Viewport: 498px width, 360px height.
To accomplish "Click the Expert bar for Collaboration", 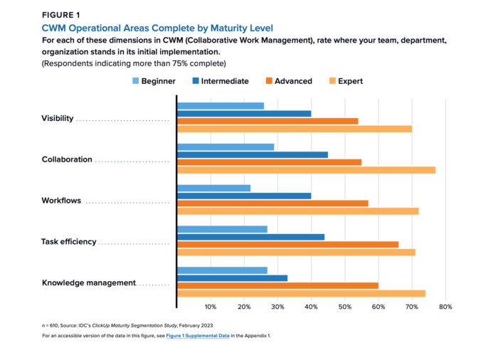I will tap(306, 170).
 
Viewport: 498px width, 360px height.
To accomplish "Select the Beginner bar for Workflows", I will tap(213, 188).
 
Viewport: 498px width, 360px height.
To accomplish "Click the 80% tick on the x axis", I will tap(445, 307).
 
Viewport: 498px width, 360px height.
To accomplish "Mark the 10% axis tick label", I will tap(211, 307).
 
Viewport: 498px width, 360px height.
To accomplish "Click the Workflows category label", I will tap(61, 201).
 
